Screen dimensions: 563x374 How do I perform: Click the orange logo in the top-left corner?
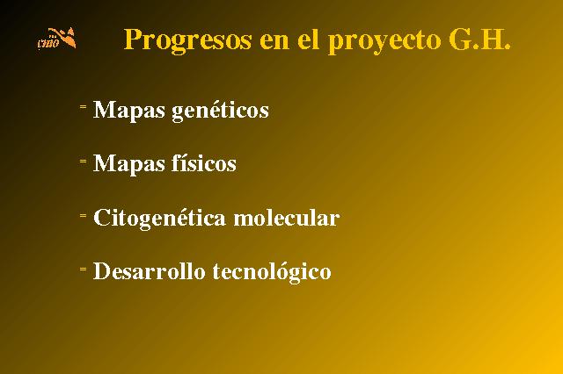click(56, 38)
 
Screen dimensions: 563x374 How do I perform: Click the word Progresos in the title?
click(187, 40)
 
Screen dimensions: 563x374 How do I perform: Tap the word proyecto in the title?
click(384, 40)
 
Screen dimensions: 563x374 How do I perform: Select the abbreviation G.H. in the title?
click(479, 39)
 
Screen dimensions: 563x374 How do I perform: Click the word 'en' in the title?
click(274, 42)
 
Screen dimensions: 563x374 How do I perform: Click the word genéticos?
click(221, 110)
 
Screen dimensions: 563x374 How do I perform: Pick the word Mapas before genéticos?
click(129, 111)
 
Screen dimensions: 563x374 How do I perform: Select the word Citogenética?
click(159, 218)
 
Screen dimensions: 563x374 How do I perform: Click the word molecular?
click(287, 218)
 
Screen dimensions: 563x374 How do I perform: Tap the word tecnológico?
click(272, 271)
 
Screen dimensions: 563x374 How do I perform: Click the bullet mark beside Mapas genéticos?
click(83, 106)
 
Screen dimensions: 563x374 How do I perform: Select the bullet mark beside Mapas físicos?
click(83, 162)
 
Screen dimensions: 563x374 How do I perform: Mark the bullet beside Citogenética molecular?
click(83, 215)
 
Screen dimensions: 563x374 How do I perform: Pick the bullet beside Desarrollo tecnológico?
click(83, 269)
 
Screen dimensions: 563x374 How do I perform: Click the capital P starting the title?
click(132, 39)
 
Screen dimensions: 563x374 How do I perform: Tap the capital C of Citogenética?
click(102, 218)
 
